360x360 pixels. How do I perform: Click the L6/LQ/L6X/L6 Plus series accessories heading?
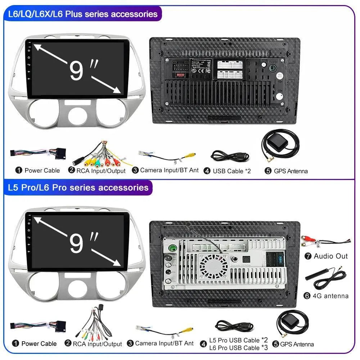coord(83,14)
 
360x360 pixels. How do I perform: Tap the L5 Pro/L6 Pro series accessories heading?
coord(78,188)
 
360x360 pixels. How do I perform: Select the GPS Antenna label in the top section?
coord(291,171)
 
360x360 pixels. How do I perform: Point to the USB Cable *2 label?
coord(231,171)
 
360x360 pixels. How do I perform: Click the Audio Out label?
coord(331,256)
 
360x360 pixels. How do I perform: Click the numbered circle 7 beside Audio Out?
coord(308,256)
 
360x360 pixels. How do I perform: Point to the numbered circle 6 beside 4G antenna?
coord(307,296)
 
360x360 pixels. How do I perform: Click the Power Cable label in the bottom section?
coord(39,344)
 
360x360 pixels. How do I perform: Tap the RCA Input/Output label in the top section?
coord(101,171)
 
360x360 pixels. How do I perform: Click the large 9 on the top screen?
coord(76,71)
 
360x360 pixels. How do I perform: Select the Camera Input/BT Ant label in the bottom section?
coord(165,343)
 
